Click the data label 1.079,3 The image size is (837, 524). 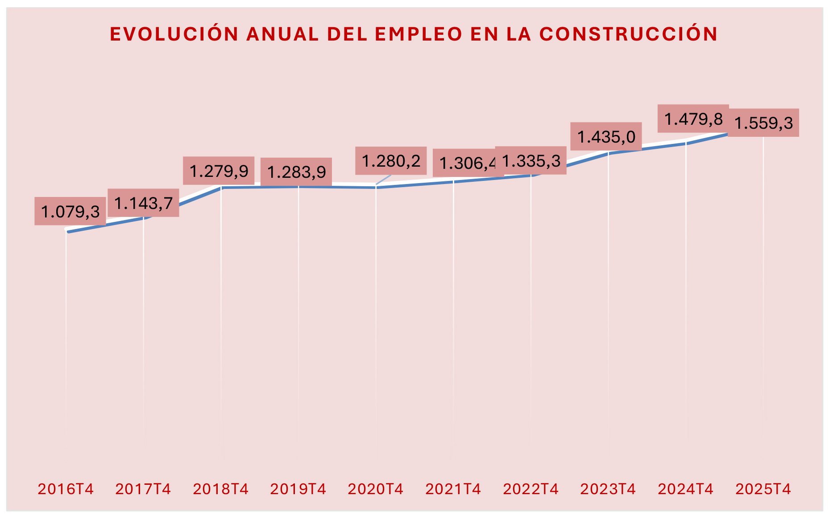click(x=70, y=211)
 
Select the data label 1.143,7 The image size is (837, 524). click(x=143, y=203)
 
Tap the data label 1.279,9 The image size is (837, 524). click(x=219, y=171)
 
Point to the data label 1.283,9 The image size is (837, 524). click(x=296, y=172)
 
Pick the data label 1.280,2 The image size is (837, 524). click(x=391, y=161)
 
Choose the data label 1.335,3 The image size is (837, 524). click(x=531, y=160)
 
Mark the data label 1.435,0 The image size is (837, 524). click(x=606, y=136)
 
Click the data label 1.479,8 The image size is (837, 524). click(x=693, y=119)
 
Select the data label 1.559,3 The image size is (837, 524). click(x=763, y=123)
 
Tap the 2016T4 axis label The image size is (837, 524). click(x=66, y=489)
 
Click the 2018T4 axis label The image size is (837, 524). click(x=220, y=489)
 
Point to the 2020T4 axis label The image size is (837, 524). click(x=375, y=489)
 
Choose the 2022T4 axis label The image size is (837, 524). click(x=530, y=489)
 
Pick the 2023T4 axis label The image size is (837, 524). click(x=608, y=489)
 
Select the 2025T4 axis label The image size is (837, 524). click(x=763, y=489)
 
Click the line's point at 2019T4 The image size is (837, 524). click(x=298, y=187)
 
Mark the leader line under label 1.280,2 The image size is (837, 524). click(x=383, y=180)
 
